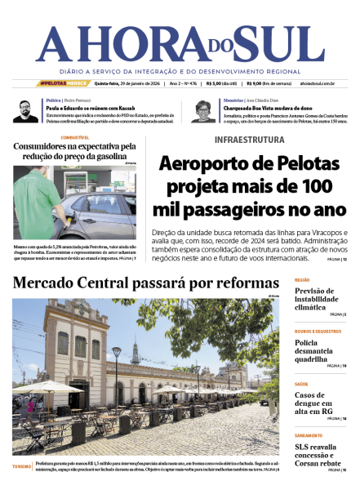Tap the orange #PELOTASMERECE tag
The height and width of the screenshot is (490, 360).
click(x=64, y=83)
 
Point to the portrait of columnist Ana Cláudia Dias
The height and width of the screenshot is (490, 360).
click(x=204, y=110)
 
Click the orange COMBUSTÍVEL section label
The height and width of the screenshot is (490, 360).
click(x=73, y=137)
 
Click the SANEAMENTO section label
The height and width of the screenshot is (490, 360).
click(x=308, y=435)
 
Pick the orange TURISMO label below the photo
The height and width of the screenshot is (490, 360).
click(x=22, y=467)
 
